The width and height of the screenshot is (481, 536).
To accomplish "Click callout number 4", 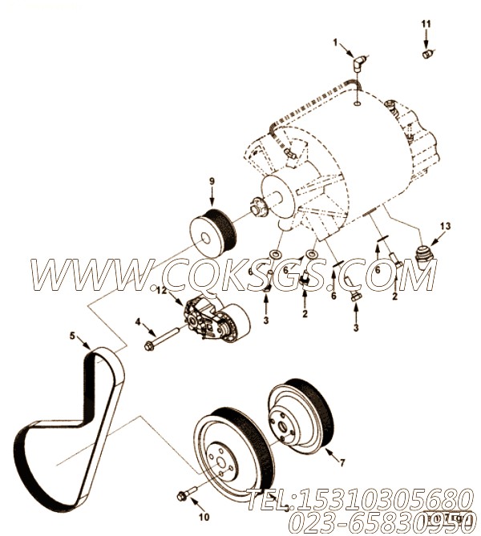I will pos(139,322).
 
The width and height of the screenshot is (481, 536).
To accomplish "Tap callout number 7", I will pos(343,462).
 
